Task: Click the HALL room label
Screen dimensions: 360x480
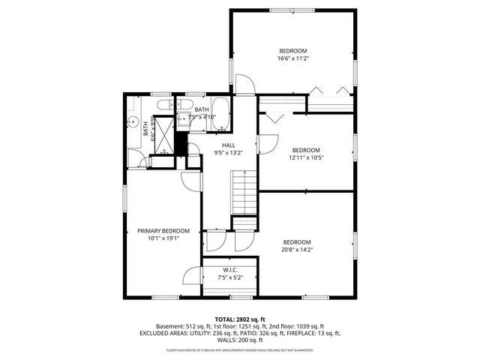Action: [x=228, y=145]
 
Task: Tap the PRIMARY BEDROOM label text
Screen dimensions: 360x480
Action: [x=163, y=230]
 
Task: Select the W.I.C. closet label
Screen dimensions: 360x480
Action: [x=230, y=270]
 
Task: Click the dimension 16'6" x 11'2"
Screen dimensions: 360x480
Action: [x=293, y=58]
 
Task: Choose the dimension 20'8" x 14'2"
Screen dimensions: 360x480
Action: [x=297, y=250]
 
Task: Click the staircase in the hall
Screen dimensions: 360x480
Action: [x=242, y=191]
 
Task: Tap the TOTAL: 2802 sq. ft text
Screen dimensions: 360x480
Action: [x=240, y=319]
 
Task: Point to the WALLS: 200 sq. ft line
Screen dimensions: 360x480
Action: [x=240, y=340]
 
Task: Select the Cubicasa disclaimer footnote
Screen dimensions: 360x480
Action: [x=240, y=349]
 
